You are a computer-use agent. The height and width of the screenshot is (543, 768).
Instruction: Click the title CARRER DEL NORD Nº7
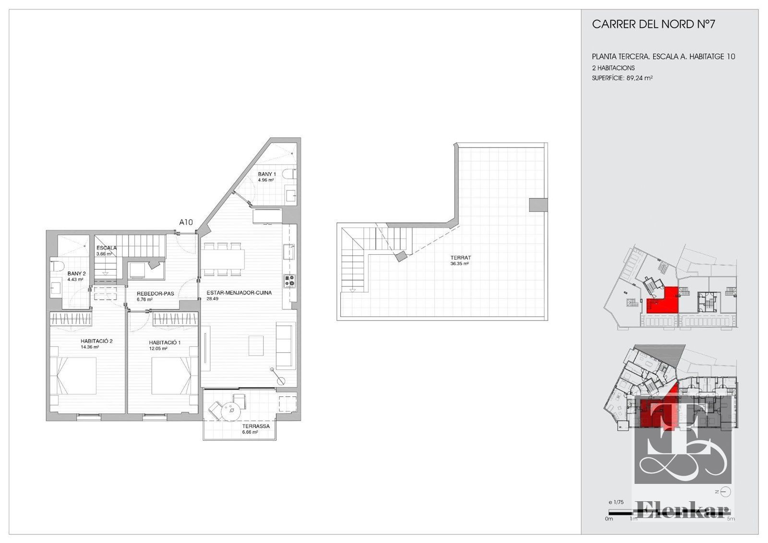(653, 25)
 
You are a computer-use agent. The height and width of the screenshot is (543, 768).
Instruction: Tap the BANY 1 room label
(267, 174)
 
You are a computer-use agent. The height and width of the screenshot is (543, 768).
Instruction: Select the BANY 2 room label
(76, 273)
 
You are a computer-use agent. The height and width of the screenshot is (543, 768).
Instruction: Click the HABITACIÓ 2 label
(96, 341)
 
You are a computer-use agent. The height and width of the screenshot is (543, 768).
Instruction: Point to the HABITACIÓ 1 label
(165, 343)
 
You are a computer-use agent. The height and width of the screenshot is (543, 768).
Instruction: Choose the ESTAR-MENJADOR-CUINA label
(239, 293)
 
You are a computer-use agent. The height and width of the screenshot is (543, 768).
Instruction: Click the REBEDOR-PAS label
(156, 294)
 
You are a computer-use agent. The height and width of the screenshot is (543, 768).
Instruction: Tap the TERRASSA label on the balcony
(256, 426)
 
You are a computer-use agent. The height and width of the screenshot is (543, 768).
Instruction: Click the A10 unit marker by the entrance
(186, 222)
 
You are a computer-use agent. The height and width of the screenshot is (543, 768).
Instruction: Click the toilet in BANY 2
(57, 266)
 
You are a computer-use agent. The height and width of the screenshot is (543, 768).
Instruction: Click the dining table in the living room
(223, 259)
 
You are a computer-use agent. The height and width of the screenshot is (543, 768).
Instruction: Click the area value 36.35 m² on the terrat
(459, 264)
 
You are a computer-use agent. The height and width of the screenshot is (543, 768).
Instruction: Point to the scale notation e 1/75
(616, 502)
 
